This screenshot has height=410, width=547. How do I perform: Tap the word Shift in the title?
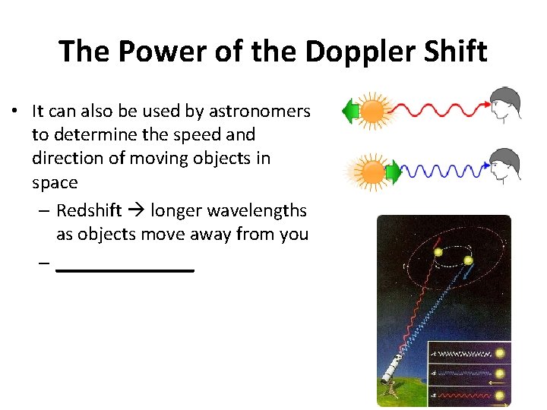coord(453,52)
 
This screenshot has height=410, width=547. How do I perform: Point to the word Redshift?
coord(89,210)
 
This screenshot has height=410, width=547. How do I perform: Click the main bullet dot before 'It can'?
coord(15,112)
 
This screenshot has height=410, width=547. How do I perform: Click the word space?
coord(55,183)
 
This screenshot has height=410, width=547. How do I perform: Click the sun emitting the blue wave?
coord(372,172)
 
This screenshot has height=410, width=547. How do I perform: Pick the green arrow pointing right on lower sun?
coord(394,173)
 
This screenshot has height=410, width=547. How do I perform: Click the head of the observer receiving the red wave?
coord(504,105)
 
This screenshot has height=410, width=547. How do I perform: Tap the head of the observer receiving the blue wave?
coord(504,165)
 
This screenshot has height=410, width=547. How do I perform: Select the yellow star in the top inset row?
coord(500,354)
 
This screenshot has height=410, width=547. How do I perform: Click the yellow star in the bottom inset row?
coord(500,395)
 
